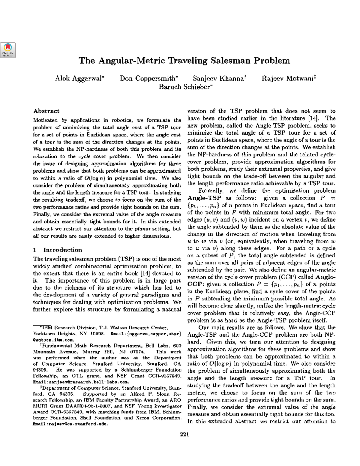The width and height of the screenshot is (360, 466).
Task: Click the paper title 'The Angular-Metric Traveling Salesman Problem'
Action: [x=184, y=61]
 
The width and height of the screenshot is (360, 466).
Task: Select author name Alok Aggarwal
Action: [x=79, y=79]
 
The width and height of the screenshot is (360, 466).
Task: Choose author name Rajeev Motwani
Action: [x=288, y=79]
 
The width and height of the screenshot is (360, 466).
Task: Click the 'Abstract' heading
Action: [x=46, y=111]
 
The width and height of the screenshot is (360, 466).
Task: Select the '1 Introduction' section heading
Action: [x=58, y=250]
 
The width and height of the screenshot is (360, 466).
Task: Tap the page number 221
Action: [x=184, y=434]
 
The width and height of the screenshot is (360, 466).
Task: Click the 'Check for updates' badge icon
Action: [x=8, y=50]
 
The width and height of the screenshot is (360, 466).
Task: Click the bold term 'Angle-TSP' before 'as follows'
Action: [x=204, y=198]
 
